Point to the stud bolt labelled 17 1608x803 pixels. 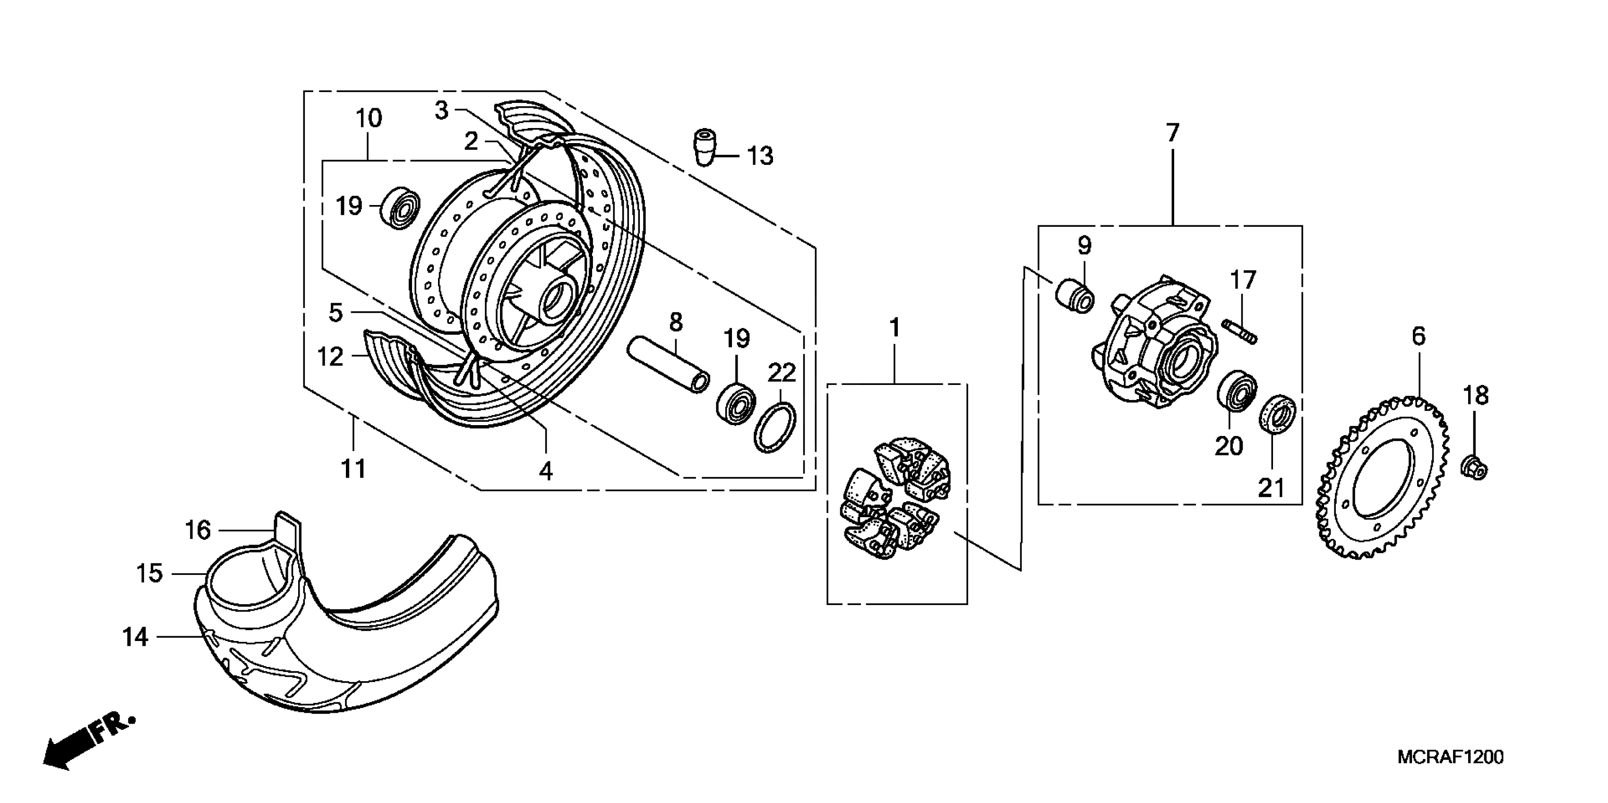click(x=1240, y=331)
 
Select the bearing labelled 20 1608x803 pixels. click(x=1237, y=391)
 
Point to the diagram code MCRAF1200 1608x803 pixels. click(x=1450, y=757)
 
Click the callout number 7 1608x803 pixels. click(x=1172, y=133)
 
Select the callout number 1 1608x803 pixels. click(x=894, y=327)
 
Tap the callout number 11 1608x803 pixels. click(x=353, y=469)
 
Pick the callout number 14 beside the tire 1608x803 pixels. click(x=135, y=637)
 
